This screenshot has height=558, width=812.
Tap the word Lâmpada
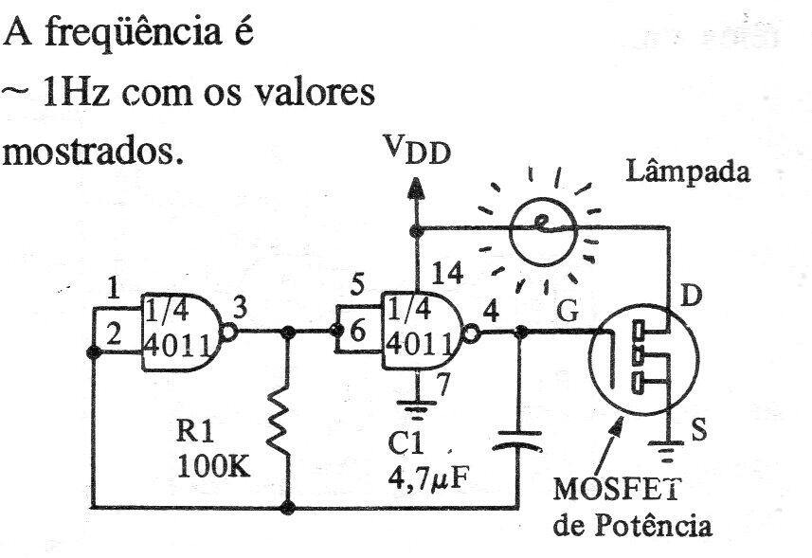click(x=688, y=172)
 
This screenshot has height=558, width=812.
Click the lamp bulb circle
click(x=543, y=232)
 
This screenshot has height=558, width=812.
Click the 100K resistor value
click(x=214, y=467)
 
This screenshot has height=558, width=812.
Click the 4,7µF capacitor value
click(x=427, y=480)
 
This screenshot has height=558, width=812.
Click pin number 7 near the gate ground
click(x=442, y=384)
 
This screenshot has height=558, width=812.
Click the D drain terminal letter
click(x=691, y=296)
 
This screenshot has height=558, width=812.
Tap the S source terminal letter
click(x=699, y=429)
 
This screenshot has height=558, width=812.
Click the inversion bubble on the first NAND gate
click(x=229, y=332)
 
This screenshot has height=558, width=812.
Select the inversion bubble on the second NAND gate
click(x=472, y=333)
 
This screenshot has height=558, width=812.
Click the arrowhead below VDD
click(x=415, y=189)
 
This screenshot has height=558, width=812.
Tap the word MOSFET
click(x=617, y=489)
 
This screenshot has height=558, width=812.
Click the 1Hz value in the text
click(x=76, y=93)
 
